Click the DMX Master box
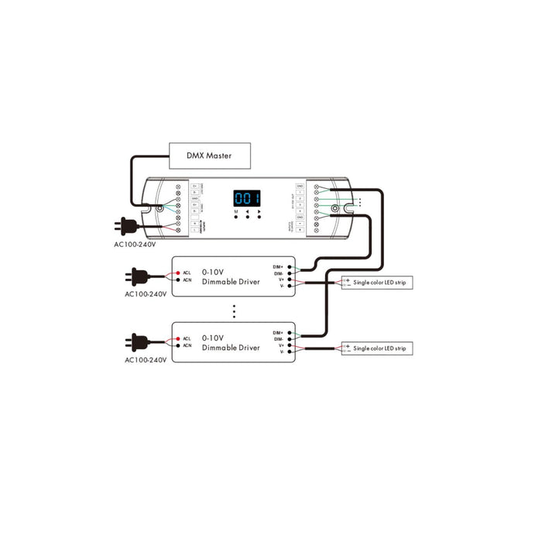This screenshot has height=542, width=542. pyautogui.click(x=210, y=156)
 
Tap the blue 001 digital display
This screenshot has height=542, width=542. pyautogui.click(x=247, y=197)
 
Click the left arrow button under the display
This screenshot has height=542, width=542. pyautogui.click(x=247, y=212)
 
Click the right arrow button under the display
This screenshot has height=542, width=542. pyautogui.click(x=259, y=212)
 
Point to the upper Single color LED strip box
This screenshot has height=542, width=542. pyautogui.click(x=377, y=283)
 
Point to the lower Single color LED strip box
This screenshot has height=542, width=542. pyautogui.click(x=377, y=349)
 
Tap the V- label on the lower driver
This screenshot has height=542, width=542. pyautogui.click(x=282, y=352)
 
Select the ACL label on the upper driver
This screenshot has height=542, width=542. pyautogui.click(x=187, y=273)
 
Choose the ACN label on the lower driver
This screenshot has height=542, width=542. pyautogui.click(x=187, y=346)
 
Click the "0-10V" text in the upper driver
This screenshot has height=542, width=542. pyautogui.click(x=212, y=272)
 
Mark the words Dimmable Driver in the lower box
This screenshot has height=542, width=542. pyautogui.click(x=231, y=348)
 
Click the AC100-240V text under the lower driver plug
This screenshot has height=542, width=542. pyautogui.click(x=146, y=361)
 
